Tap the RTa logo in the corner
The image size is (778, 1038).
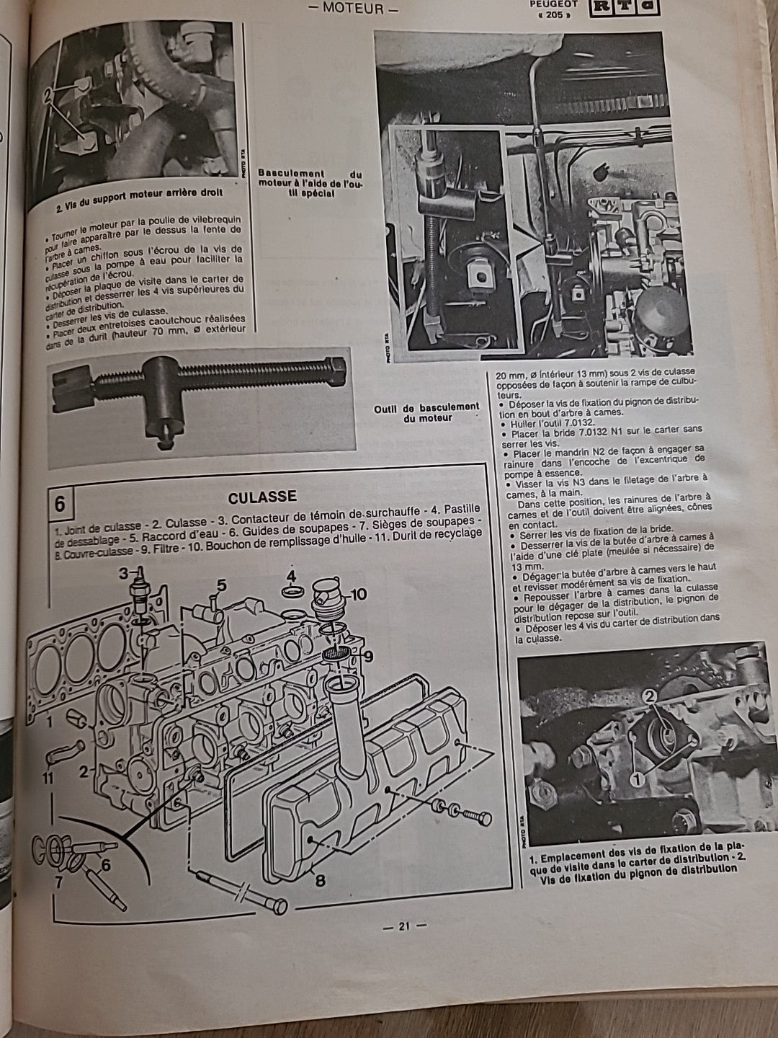click(621, 9)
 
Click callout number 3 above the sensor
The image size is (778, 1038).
click(124, 574)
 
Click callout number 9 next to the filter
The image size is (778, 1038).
click(367, 656)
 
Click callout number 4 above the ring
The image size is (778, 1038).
click(291, 576)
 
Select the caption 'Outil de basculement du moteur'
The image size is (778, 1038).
click(426, 412)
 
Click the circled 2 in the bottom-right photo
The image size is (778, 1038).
click(648, 696)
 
